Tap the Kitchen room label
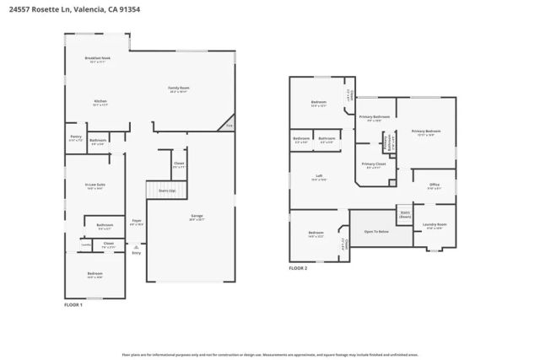(100, 102)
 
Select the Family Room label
(178, 89)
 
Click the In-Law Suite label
(94, 185)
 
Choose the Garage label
(197, 217)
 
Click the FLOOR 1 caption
(74, 304)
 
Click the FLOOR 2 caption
(299, 268)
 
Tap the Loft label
(319, 179)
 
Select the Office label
(434, 186)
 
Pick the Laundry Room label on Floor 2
(435, 225)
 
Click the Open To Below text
(376, 230)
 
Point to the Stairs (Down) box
(404, 214)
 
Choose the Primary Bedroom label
(426, 132)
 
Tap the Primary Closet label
(374, 164)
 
